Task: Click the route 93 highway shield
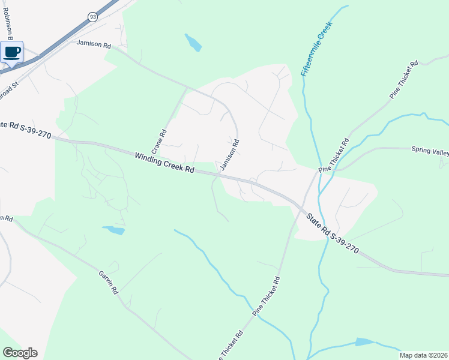[x=92, y=17]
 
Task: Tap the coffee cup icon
[x=12, y=52]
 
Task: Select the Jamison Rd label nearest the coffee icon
[x=94, y=44]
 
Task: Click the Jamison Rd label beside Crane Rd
[x=231, y=155]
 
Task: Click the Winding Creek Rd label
[x=164, y=162]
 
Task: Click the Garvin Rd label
[x=109, y=281]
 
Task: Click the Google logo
[x=20, y=353]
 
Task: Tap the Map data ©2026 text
[x=424, y=355]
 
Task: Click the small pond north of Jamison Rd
[x=193, y=43]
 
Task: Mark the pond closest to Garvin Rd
[x=113, y=230]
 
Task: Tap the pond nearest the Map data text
[x=364, y=342]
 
